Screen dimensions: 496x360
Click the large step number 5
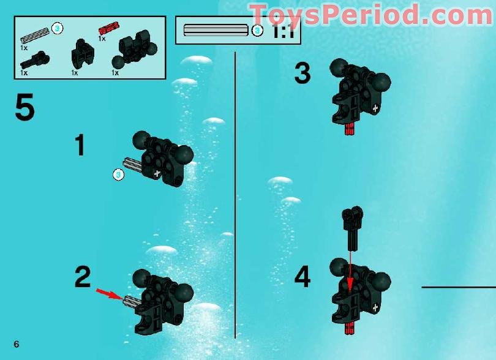coord(24,108)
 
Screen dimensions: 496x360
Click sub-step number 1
coord(80,146)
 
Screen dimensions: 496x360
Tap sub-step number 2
coord(83,277)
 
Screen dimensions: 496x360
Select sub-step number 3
coord(302,74)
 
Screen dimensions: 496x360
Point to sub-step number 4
coord(302,277)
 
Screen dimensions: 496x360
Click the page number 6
coord(17,343)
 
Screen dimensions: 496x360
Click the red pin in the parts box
coord(108,28)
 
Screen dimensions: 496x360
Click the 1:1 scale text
coord(282,31)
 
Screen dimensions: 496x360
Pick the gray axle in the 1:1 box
coord(216,30)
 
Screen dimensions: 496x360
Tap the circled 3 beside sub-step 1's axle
coord(119,175)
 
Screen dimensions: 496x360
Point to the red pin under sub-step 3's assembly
coord(350,127)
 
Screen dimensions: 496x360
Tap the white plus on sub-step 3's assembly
coord(374,108)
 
